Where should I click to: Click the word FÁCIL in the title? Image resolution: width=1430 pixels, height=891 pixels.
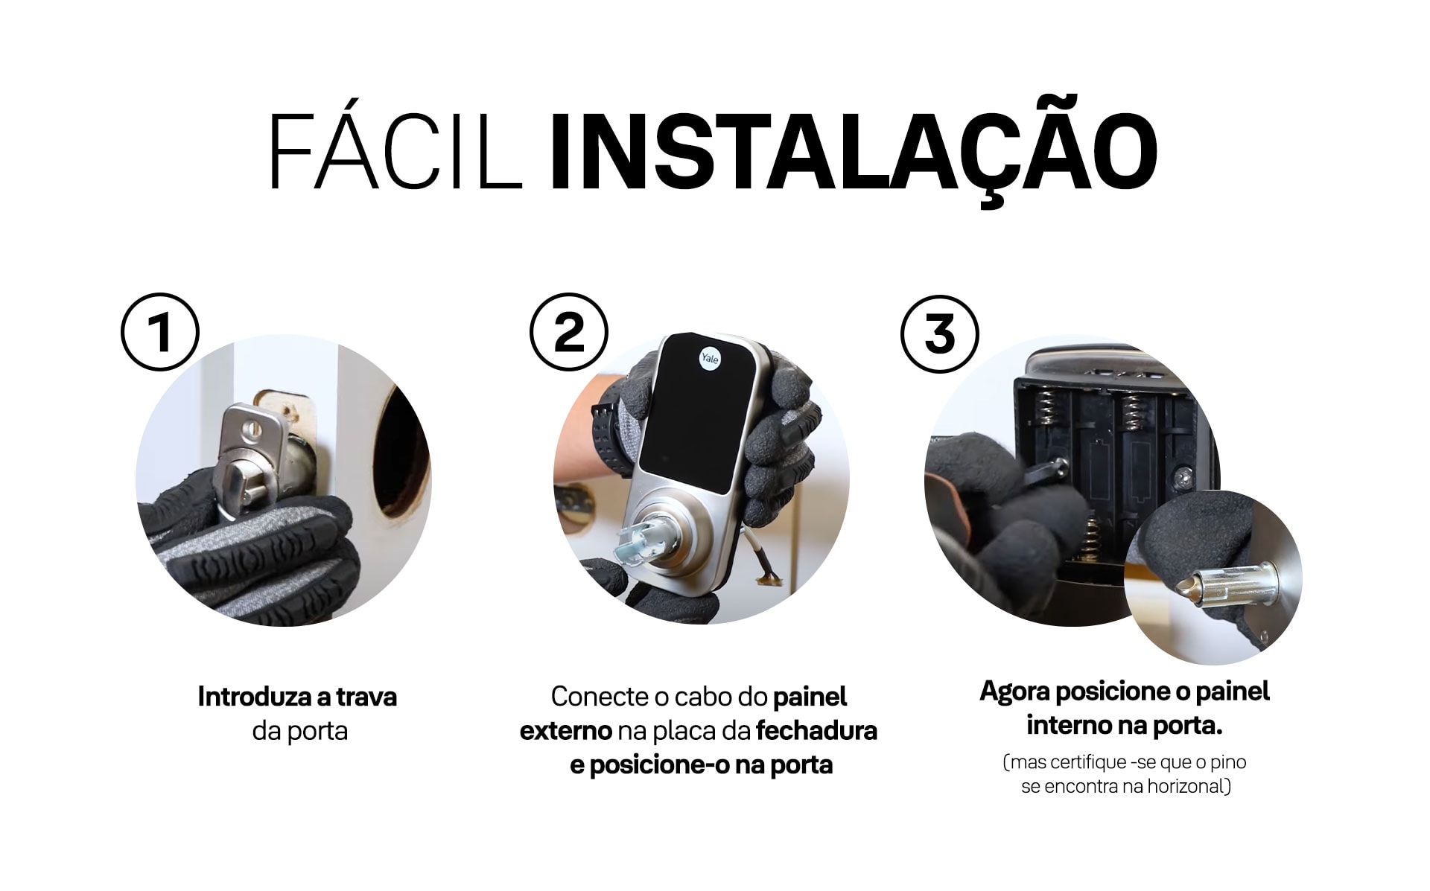[395, 152]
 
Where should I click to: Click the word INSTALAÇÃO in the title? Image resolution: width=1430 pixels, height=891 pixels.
[853, 152]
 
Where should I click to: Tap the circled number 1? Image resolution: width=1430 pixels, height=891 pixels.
[160, 333]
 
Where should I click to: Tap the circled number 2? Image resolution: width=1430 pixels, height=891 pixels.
[570, 332]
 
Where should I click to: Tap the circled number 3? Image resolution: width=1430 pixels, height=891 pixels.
[939, 333]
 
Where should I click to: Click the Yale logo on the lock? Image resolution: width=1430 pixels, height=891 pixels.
[710, 358]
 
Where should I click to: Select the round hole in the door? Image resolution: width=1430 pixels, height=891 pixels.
[406, 454]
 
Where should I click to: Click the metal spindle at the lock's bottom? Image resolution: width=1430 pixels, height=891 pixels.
[637, 544]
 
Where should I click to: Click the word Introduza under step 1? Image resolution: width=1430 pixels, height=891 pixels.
[255, 697]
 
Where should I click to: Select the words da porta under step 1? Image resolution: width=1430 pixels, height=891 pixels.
[299, 731]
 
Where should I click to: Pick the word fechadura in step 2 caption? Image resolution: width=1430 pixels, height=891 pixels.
[816, 731]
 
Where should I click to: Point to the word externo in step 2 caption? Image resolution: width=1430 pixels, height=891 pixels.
[565, 731]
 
